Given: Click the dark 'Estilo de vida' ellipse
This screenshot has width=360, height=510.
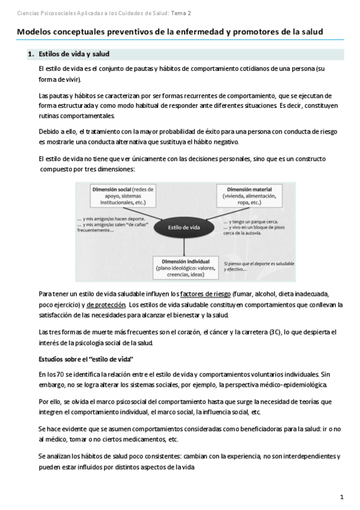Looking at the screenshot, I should [184, 227].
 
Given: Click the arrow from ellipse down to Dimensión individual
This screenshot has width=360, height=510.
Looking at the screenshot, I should [184, 247].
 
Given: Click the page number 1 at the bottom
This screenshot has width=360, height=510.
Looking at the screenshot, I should [341, 497].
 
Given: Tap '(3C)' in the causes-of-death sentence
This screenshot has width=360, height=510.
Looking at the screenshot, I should [277, 332].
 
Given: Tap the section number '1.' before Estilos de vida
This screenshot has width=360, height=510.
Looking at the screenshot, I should [31, 54].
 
